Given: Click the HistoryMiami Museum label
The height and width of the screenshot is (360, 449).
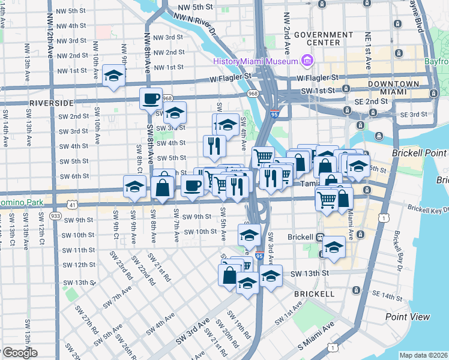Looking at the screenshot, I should [256, 61].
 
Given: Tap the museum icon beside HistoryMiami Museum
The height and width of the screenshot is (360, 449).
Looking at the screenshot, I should [307, 61].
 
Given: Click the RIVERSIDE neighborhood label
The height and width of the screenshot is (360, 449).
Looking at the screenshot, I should [51, 103].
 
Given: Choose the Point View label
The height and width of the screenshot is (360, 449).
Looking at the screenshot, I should [408, 316].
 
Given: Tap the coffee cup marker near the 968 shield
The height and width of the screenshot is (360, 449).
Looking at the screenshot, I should [151, 98].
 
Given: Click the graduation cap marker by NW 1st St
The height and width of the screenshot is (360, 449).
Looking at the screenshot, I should [113, 75].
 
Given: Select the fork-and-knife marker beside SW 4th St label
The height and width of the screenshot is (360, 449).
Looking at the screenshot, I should [214, 144].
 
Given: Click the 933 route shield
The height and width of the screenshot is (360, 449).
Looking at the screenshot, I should [56, 215].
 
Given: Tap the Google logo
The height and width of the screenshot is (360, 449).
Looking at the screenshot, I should [19, 353].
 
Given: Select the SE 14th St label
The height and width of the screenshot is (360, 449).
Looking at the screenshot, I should [386, 295].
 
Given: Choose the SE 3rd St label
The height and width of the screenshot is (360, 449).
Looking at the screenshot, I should [414, 114].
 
